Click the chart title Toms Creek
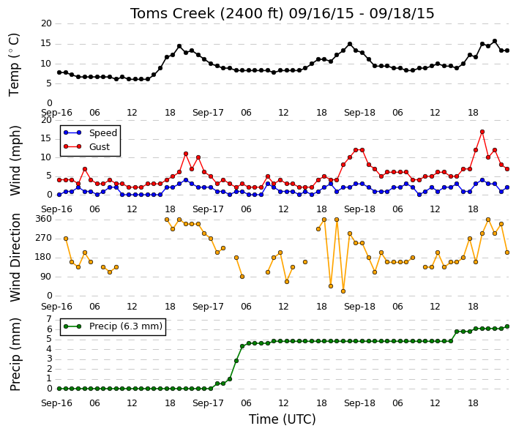173,13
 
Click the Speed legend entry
91,133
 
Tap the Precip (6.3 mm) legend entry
113,326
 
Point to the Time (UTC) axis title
282,419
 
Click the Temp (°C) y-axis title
14,65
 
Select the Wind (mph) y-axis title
15,161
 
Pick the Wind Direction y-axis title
15,258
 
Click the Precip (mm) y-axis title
15,354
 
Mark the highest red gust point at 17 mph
482,132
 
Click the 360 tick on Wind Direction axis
45,219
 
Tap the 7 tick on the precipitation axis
49,319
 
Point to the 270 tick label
45,238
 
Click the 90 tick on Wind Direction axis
46,277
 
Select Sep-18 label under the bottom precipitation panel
359,403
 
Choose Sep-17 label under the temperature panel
208,113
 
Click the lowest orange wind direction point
343,291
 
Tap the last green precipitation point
507,326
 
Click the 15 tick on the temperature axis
46,43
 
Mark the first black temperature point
59,72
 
